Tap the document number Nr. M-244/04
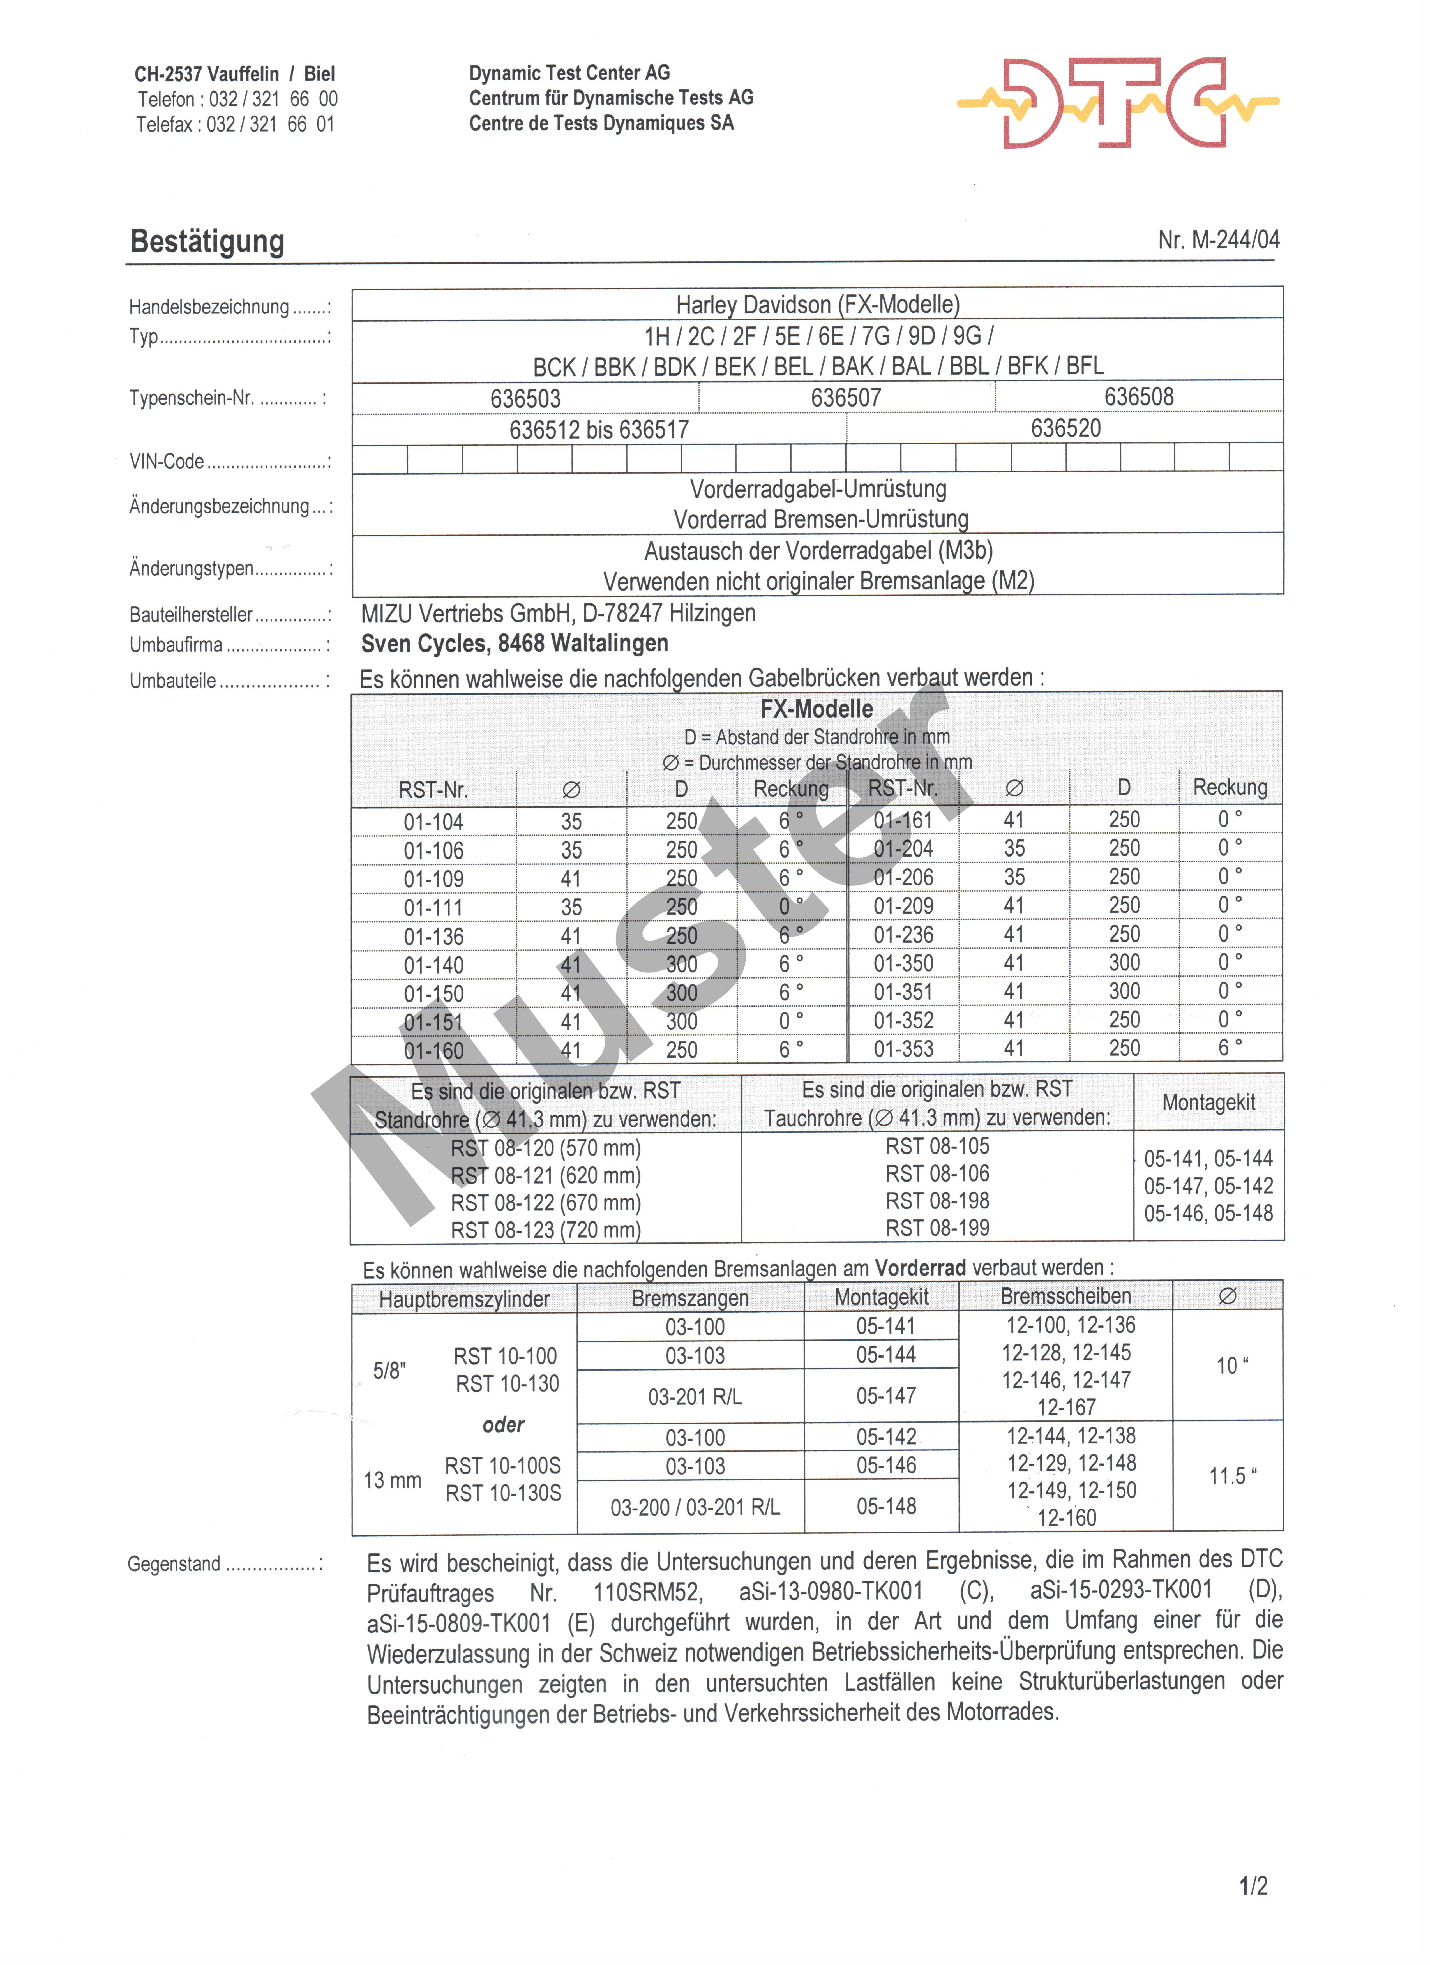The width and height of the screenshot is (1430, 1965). [x=1218, y=240]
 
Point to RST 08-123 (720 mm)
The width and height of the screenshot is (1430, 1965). [x=546, y=1230]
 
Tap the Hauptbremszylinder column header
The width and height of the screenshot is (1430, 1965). [x=464, y=1299]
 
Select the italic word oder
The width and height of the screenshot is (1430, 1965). [x=503, y=1424]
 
